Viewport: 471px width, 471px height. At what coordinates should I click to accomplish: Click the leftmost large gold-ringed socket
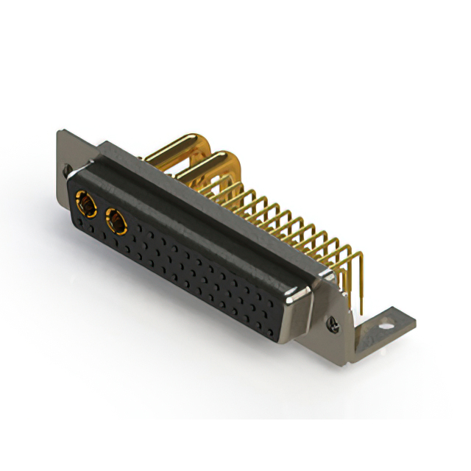[x=84, y=202]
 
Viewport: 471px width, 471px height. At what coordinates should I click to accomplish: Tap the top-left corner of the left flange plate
[x=59, y=132]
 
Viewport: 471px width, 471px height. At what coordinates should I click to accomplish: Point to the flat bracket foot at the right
[x=383, y=327]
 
